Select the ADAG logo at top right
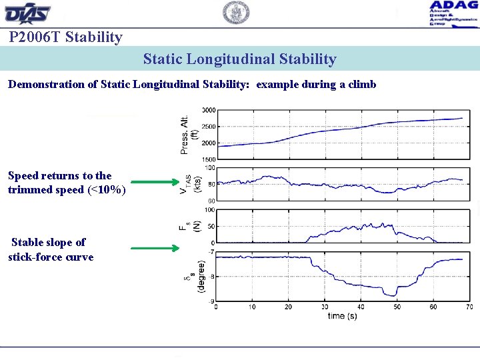point(453,13)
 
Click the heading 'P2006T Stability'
point(66,37)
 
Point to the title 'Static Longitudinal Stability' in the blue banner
point(239,59)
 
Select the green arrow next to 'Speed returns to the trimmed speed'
point(155,181)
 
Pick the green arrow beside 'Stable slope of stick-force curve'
point(155,249)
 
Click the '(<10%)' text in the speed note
point(106,189)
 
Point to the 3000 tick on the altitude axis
point(208,110)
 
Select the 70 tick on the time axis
point(469,307)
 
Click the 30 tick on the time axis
point(325,307)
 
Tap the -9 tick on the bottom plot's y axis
point(211,301)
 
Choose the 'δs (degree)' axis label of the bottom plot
point(193,277)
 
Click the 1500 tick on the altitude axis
point(208,159)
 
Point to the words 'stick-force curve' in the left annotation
point(51,257)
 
